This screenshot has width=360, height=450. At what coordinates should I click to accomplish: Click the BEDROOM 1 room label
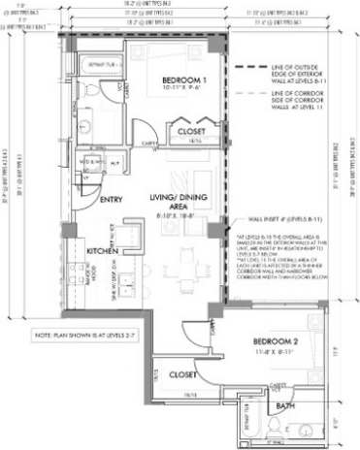pos(181,79)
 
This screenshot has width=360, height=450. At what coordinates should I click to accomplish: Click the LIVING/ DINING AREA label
pos(176,201)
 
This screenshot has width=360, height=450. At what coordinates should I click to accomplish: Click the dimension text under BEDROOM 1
pos(181,88)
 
